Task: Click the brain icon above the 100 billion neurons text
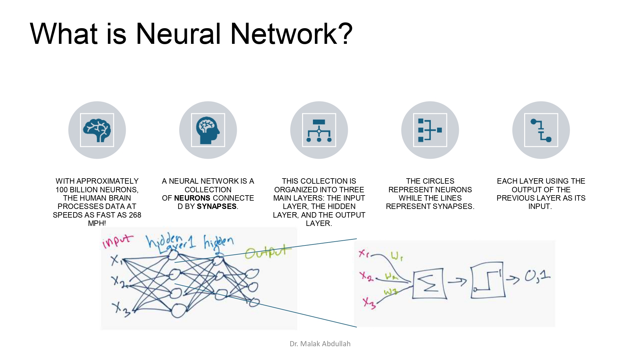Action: pos(97,130)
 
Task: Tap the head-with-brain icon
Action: pos(208,130)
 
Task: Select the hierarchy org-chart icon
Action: pos(319,130)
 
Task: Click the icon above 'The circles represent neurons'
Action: pos(430,130)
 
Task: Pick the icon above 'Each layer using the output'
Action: pos(541,130)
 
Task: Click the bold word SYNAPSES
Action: pos(217,206)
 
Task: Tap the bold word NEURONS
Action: pos(192,198)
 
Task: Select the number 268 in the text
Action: pos(135,215)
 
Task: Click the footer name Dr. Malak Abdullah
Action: pos(320,344)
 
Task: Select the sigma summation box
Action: pos(429,284)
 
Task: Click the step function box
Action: pos(488,281)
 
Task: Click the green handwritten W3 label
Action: pos(391,292)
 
